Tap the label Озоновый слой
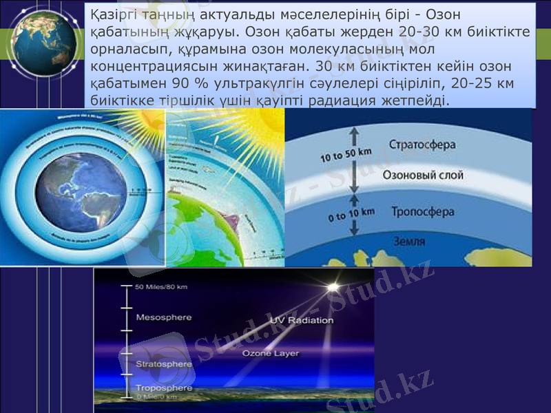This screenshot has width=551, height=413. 423,176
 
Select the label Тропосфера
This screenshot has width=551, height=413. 422,212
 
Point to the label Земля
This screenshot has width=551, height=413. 409,242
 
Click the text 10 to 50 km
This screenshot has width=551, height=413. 347,156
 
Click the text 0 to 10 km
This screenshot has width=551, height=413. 351,215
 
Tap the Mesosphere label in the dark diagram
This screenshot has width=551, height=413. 164,317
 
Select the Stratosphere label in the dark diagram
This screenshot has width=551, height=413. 164,363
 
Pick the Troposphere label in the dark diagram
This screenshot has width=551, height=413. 164,388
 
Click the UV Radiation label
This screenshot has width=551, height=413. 302,321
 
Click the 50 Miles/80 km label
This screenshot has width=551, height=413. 163,286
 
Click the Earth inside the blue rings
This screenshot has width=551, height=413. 81,193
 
